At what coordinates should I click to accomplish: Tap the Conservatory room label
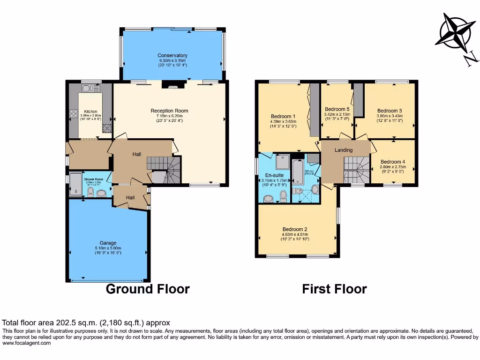pyautogui.click(x=172, y=55)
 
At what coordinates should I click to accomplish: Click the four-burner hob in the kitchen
pyautogui.click(x=74, y=113)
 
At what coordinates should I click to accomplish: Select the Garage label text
pyautogui.click(x=108, y=243)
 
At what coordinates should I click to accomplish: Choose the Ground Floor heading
pyautogui.click(x=148, y=289)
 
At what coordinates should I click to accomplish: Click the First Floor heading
pyautogui.click(x=334, y=289)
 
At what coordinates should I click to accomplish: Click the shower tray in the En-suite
pyautogui.click(x=283, y=162)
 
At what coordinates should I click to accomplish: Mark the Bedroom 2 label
pyautogui.click(x=295, y=229)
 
